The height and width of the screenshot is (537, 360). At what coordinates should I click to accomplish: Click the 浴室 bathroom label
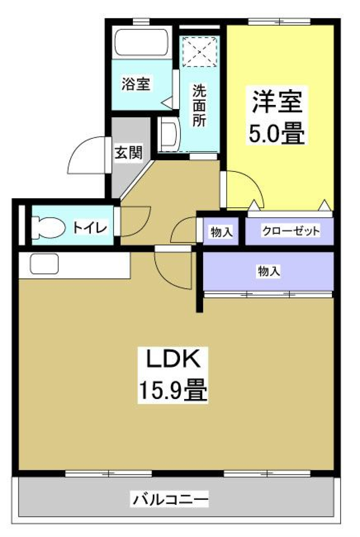pyautogui.click(x=136, y=84)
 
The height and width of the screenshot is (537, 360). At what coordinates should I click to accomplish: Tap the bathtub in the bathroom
pyautogui.click(x=142, y=43)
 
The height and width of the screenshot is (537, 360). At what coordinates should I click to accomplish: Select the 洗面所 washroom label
pyautogui.click(x=199, y=105)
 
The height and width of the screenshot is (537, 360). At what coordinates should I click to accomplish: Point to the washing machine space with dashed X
pyautogui.click(x=199, y=51)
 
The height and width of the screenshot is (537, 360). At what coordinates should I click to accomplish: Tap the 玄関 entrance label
pyautogui.click(x=128, y=152)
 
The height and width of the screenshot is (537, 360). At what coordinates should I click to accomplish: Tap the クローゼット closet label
pyautogui.click(x=291, y=231)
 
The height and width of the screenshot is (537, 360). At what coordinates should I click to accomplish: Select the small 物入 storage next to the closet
pyautogui.click(x=221, y=232)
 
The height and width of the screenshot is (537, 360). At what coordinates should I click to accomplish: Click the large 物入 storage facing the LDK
pyautogui.click(x=268, y=271)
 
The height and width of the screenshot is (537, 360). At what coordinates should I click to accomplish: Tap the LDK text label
pyautogui.click(x=172, y=359)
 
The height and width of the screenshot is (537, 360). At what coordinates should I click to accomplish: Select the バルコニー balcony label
pyautogui.click(x=170, y=499)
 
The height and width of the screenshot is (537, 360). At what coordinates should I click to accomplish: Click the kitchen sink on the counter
pyautogui.click(x=44, y=264)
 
